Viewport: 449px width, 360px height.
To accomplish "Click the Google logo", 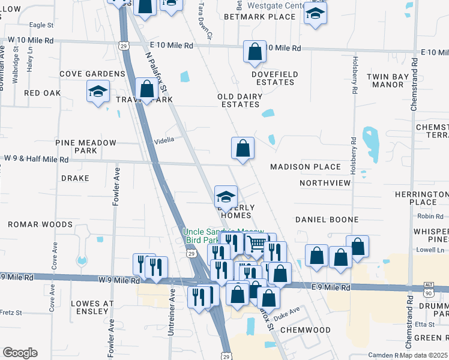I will pyautogui.click(x=20, y=353).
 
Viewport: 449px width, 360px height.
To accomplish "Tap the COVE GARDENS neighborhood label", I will pyautogui.click(x=92, y=74).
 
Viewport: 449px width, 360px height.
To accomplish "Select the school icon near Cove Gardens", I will pyautogui.click(x=98, y=93).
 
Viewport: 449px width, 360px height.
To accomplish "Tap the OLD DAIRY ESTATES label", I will pyautogui.click(x=240, y=100).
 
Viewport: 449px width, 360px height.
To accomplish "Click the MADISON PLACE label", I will pyautogui.click(x=306, y=167).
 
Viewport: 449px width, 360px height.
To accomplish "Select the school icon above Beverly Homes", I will pyautogui.click(x=226, y=197).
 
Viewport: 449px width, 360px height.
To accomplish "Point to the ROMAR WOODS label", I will pyautogui.click(x=40, y=224).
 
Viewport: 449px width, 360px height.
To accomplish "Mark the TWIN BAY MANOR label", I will pyautogui.click(x=388, y=80).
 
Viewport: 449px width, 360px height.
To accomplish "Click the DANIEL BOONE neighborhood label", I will pyautogui.click(x=327, y=220).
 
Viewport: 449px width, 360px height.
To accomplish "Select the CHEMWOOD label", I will pyautogui.click(x=306, y=330).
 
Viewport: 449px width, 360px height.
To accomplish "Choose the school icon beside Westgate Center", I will pyautogui.click(x=315, y=14).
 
